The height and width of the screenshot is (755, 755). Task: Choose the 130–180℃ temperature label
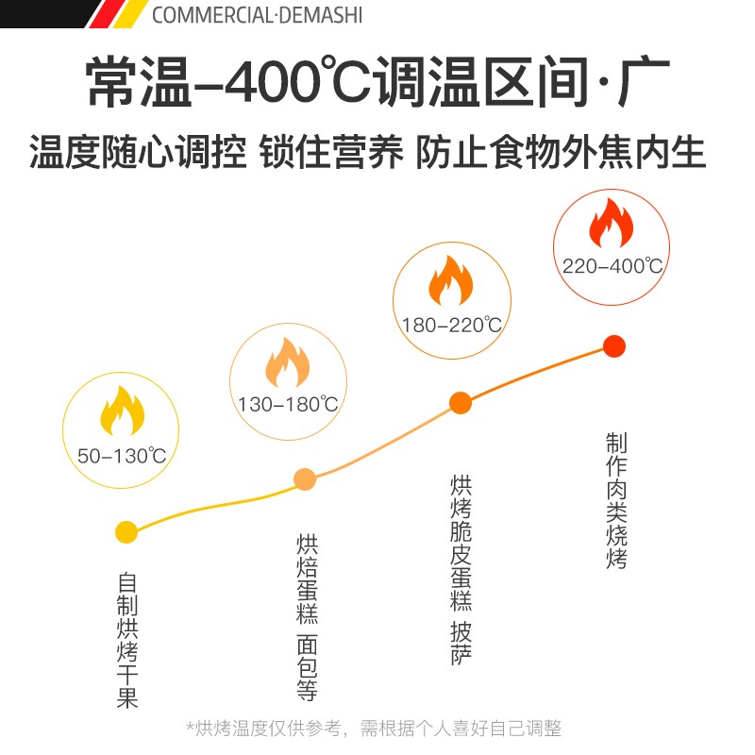pos(288,405)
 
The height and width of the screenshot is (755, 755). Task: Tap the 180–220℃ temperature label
pos(450,326)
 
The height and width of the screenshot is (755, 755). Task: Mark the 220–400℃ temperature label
pos(612,265)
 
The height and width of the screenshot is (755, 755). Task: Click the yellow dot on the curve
pos(126,532)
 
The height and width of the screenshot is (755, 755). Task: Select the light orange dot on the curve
pos(305,479)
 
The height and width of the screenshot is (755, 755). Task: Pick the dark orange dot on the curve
pos(460,404)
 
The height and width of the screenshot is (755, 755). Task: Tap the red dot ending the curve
pos(614,346)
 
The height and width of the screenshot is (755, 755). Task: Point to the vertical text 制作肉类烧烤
pos(617,500)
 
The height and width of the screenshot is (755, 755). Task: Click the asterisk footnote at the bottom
pos(374,729)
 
